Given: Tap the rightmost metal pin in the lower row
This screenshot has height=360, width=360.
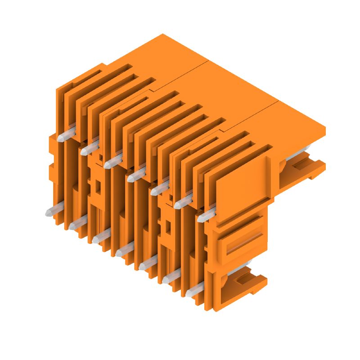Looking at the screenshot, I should tap(193, 292).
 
